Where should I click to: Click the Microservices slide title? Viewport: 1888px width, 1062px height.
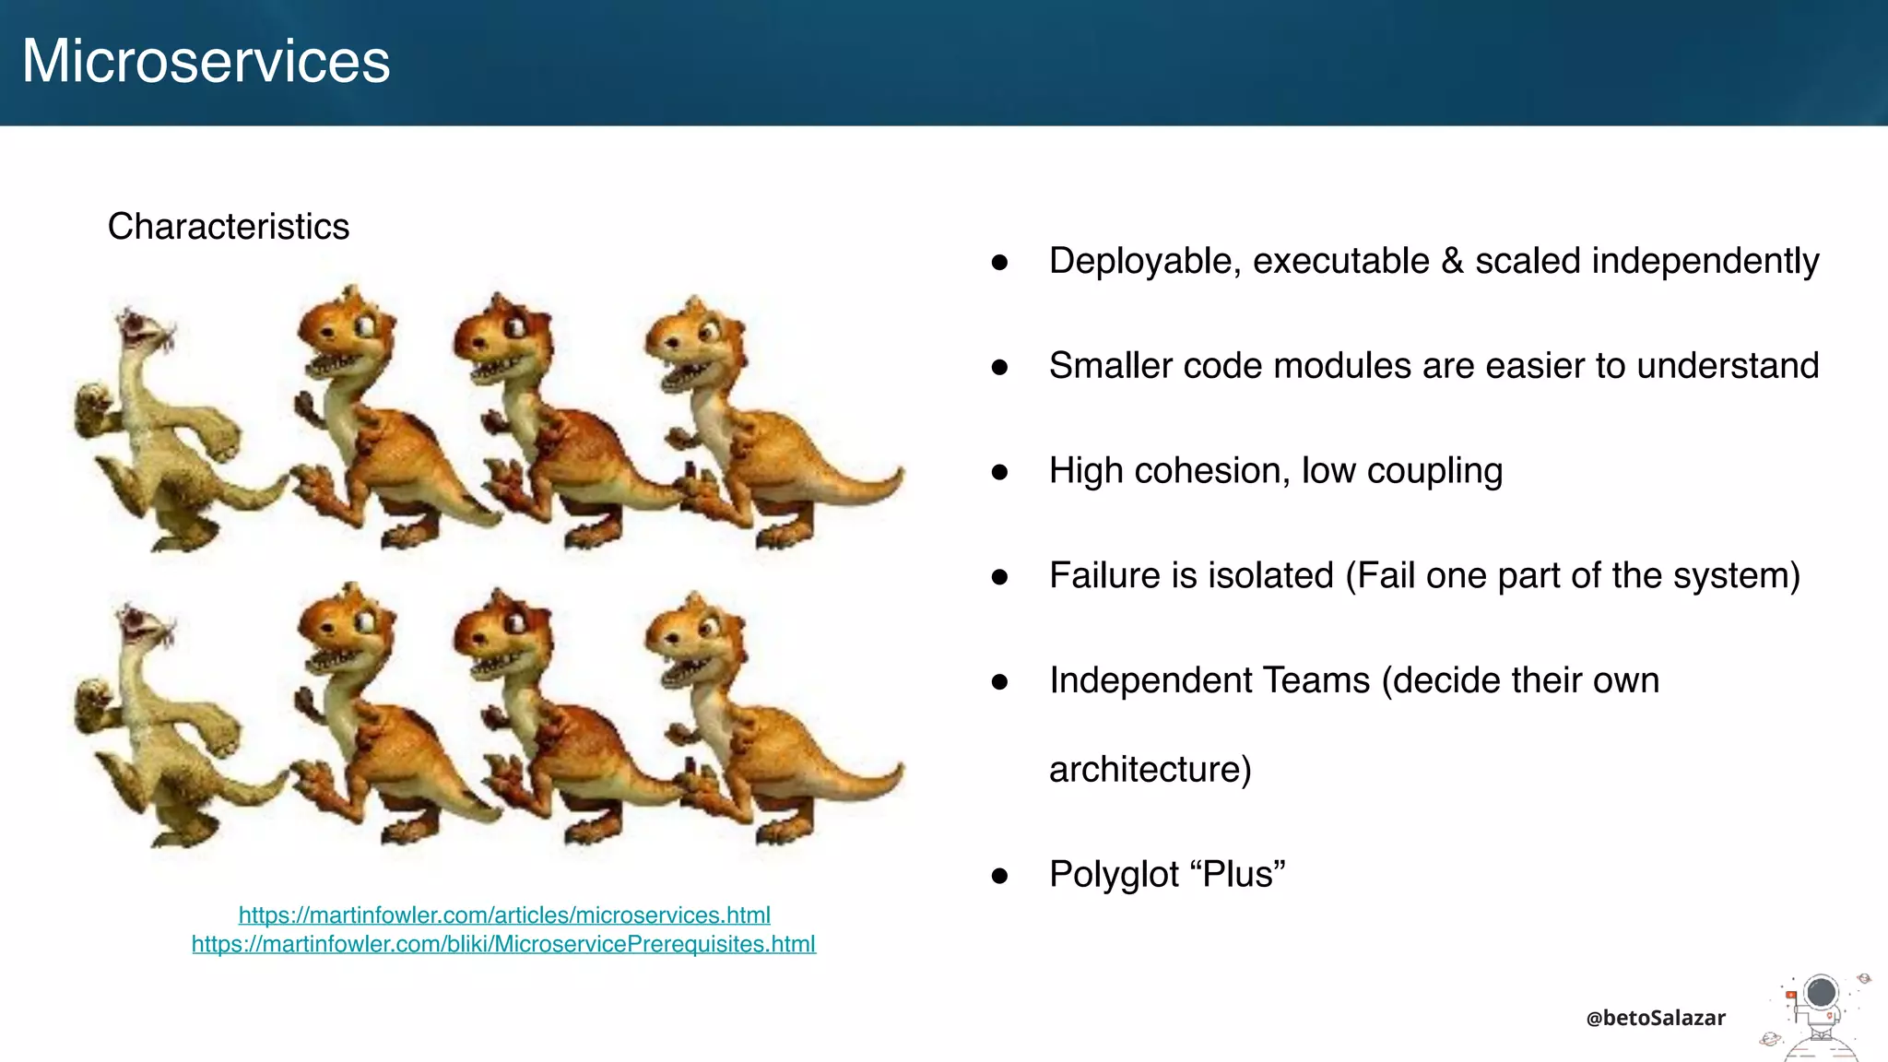point(206,61)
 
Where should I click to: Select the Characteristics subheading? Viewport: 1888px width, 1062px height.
point(228,227)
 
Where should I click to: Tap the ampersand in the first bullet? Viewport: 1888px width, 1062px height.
point(1452,261)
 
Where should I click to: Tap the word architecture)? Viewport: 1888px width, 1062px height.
point(1150,769)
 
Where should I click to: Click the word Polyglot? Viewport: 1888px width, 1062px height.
point(1114,875)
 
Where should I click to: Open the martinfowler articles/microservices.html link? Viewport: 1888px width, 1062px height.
point(504,915)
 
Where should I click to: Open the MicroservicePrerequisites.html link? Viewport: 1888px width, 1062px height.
point(503,944)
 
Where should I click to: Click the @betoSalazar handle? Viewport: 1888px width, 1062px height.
point(1655,1018)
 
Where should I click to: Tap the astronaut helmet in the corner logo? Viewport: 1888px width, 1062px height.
point(1821,994)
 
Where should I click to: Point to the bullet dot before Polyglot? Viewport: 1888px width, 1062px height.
point(999,875)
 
